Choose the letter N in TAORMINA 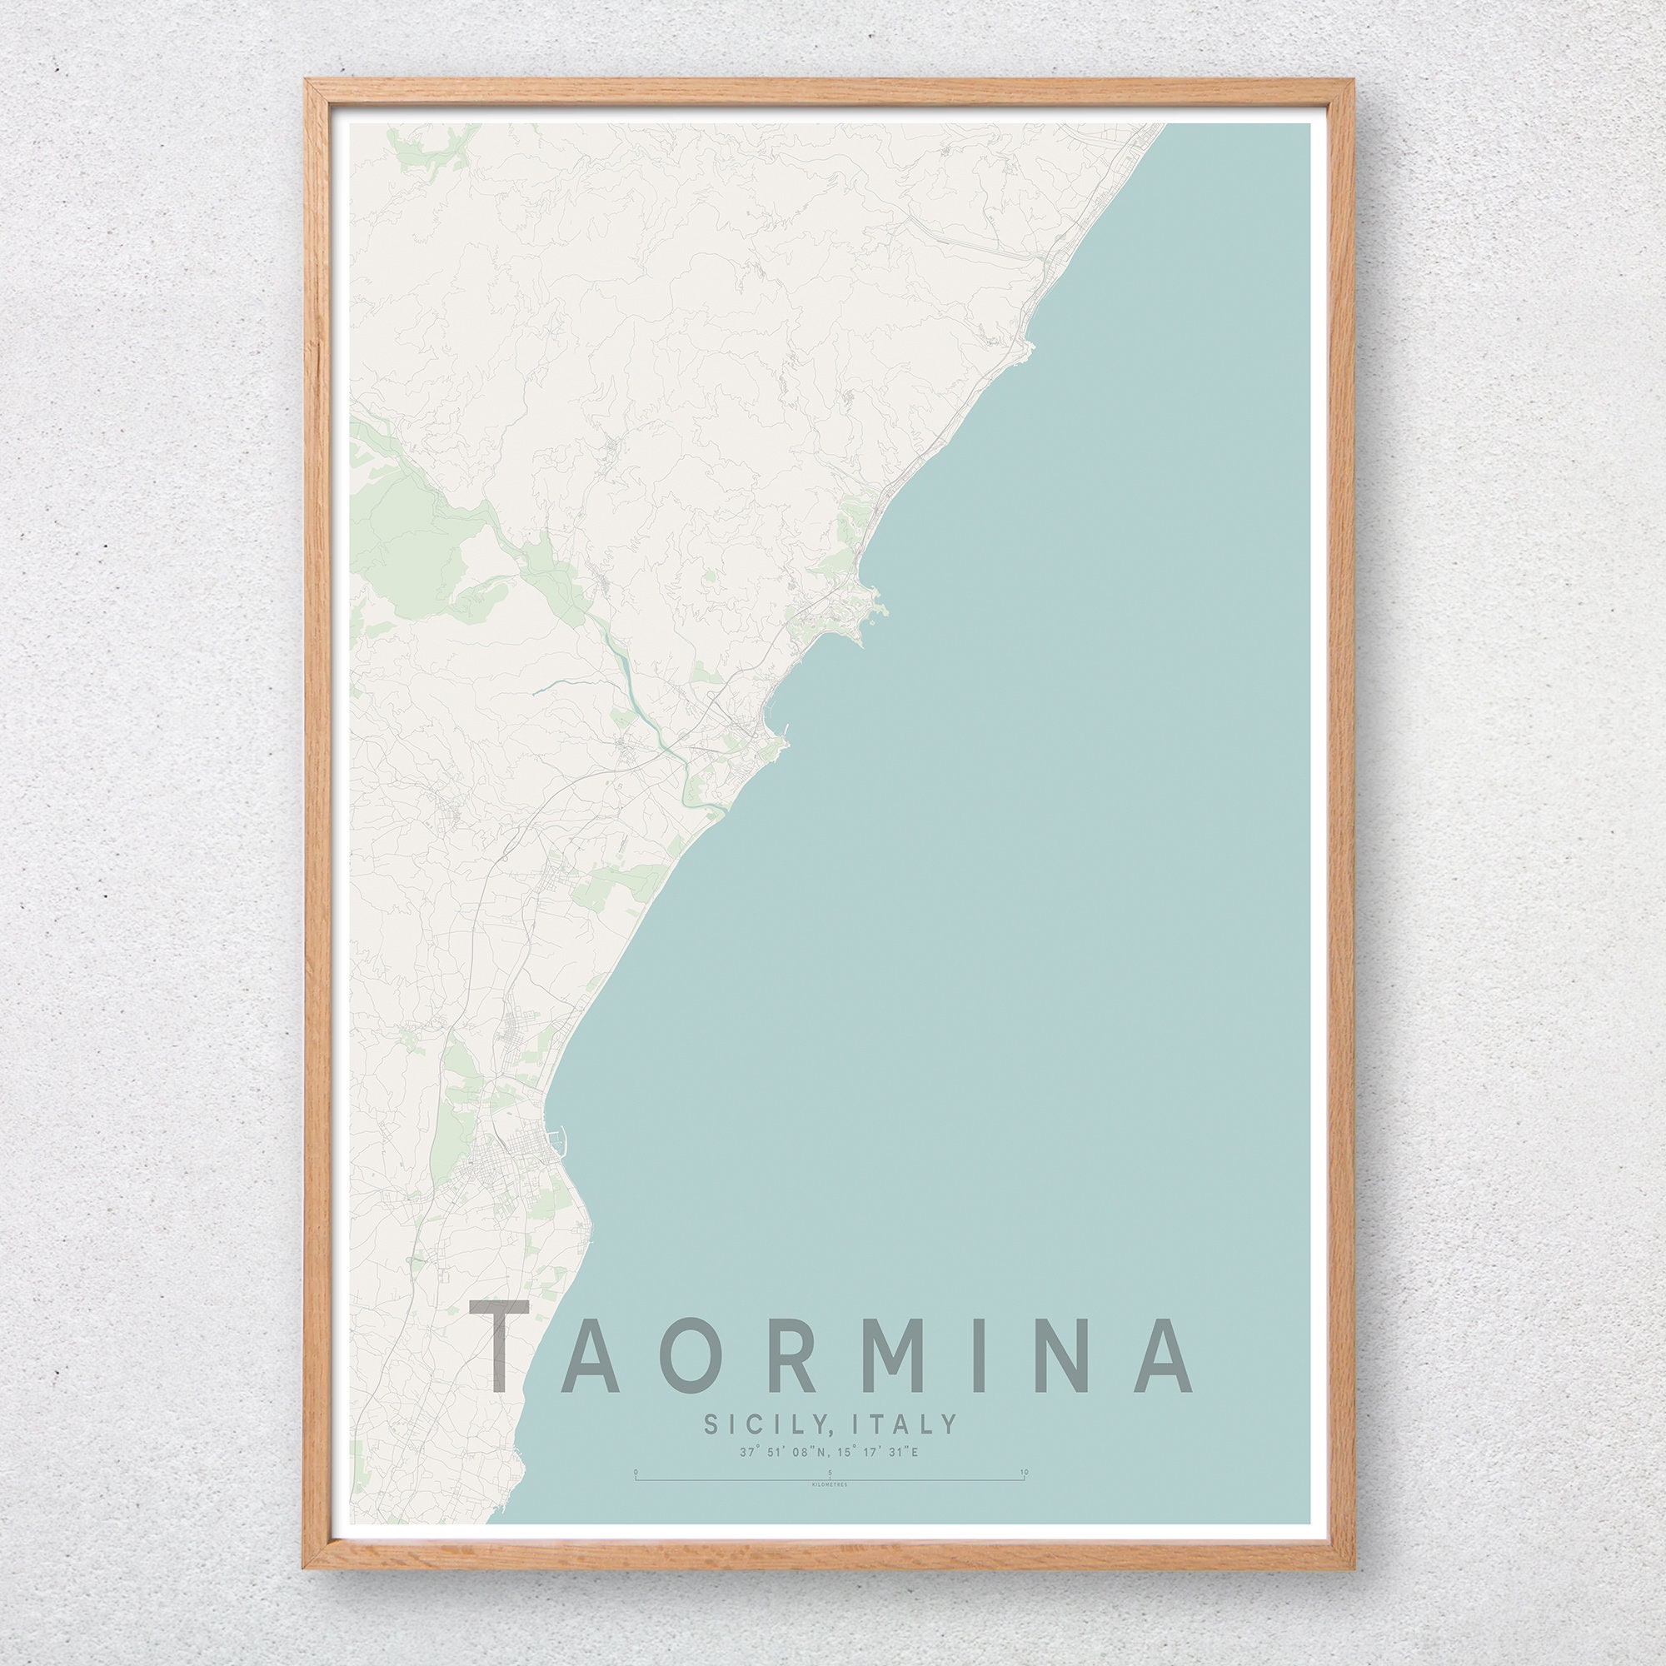pos(1049,1354)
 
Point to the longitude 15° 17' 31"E pos(880,1452)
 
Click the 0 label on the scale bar pos(636,1472)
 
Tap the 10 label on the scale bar pos(1024,1472)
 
